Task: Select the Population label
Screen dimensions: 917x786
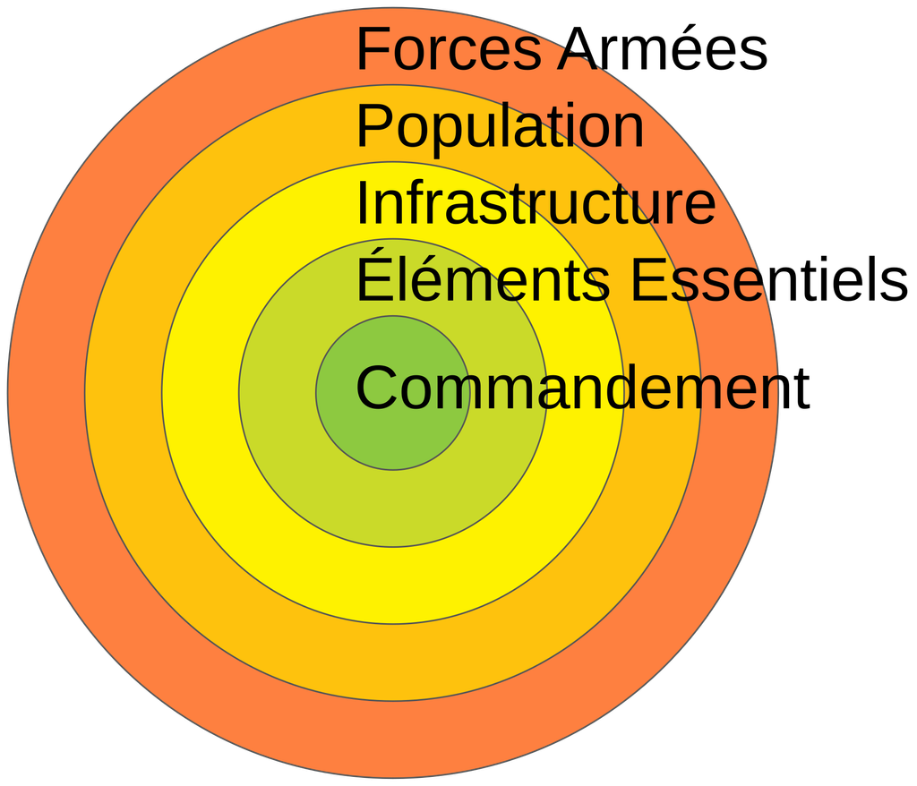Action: [500, 125]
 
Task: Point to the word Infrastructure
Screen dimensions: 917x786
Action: [536, 202]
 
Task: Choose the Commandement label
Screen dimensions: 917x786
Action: [582, 387]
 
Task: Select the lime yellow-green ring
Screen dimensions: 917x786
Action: [392, 508]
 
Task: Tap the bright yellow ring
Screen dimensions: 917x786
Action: [392, 585]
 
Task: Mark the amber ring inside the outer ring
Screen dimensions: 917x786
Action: [392, 662]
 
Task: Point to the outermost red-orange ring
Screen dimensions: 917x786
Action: [392, 739]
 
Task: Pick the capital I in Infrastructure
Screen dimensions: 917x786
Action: [362, 201]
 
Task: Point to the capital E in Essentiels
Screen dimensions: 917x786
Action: [648, 278]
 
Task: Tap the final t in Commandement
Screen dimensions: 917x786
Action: [802, 389]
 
